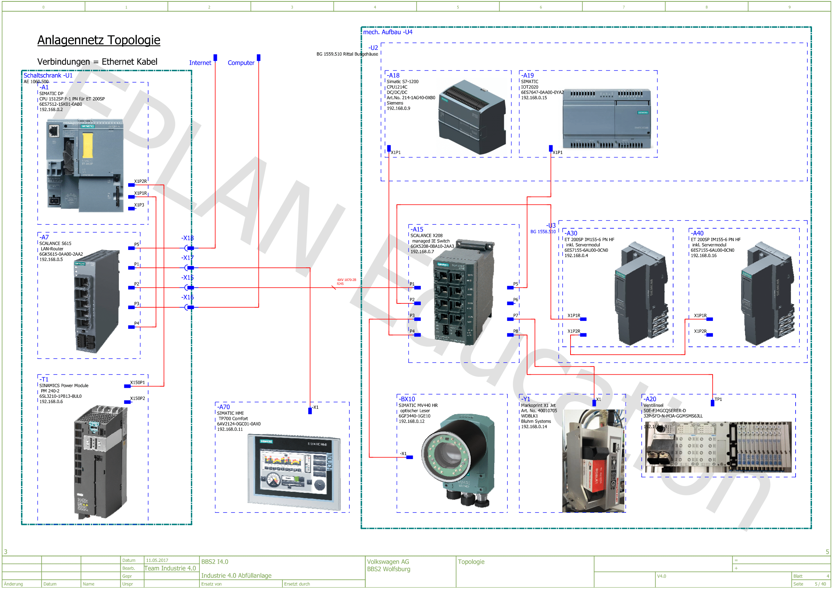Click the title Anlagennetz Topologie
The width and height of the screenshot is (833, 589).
click(99, 40)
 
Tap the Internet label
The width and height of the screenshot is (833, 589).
click(200, 63)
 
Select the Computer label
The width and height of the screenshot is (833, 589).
click(241, 63)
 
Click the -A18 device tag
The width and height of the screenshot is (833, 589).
click(394, 75)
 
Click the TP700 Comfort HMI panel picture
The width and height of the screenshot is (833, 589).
click(294, 472)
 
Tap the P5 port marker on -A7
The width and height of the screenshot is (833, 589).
click(131, 249)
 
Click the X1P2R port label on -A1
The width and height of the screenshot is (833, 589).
click(140, 181)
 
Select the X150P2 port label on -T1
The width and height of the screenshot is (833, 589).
click(137, 398)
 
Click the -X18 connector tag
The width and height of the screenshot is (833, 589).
click(188, 238)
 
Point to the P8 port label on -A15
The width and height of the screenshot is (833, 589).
click(516, 331)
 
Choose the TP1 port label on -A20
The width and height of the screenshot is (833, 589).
click(718, 399)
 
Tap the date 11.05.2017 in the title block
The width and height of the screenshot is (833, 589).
click(157, 561)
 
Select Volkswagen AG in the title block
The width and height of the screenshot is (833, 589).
click(388, 562)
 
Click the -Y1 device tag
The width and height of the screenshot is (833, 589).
click(526, 399)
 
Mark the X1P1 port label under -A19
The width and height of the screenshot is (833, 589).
click(558, 152)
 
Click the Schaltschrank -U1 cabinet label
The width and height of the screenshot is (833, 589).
click(48, 75)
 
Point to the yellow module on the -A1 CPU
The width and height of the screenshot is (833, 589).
click(88, 145)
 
